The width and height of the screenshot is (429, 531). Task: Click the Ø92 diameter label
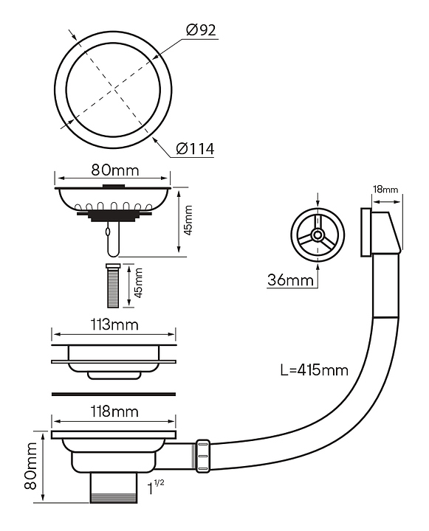click(201, 30)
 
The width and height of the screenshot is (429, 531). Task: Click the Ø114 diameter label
click(196, 149)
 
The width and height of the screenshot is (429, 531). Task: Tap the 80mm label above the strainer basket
click(115, 170)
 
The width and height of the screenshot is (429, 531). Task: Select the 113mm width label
click(114, 324)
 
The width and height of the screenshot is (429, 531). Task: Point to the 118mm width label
click(114, 412)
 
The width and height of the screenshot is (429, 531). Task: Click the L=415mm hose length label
click(315, 370)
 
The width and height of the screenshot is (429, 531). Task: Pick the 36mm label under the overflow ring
click(290, 280)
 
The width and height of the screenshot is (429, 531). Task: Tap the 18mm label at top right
click(385, 189)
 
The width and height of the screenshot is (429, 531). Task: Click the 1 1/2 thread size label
click(155, 487)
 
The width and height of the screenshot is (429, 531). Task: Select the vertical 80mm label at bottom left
click(30, 465)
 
